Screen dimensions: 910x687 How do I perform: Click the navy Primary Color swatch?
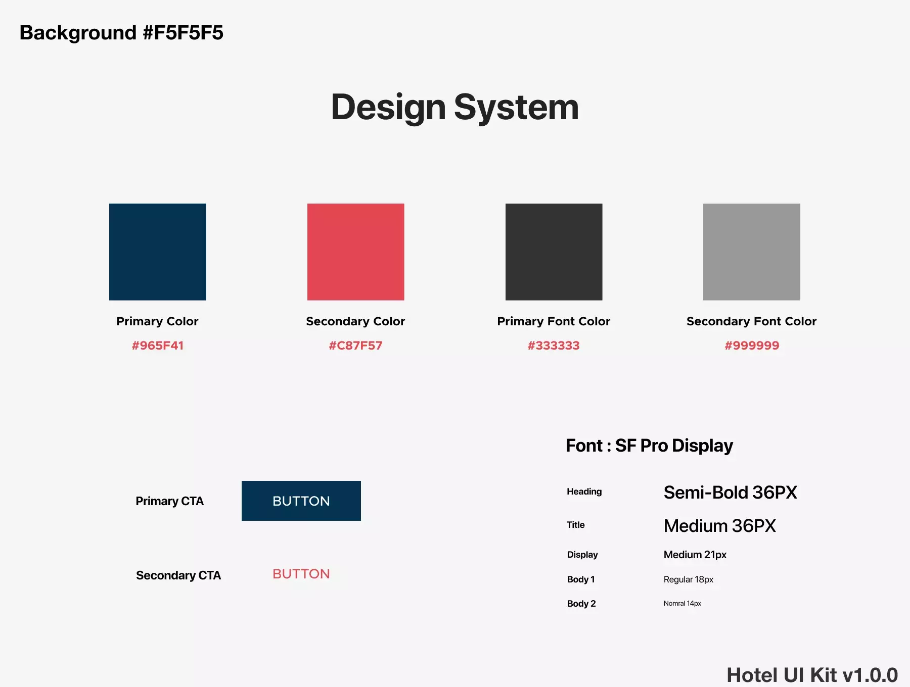click(x=158, y=252)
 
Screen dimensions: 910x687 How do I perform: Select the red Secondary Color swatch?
click(x=356, y=252)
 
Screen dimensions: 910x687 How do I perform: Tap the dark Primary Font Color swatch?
click(x=554, y=252)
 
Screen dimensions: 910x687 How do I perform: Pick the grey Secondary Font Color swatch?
click(x=752, y=252)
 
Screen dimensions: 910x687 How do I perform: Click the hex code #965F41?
click(x=158, y=346)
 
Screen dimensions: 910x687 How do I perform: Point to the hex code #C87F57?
click(x=356, y=346)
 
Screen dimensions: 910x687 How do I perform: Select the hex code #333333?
click(x=554, y=346)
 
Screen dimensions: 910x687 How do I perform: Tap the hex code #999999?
click(x=752, y=346)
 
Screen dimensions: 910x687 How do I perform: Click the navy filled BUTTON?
click(x=301, y=501)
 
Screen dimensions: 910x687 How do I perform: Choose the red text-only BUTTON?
click(x=301, y=574)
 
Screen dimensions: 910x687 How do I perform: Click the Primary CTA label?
click(x=169, y=501)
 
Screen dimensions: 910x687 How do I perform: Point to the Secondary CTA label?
click(x=178, y=575)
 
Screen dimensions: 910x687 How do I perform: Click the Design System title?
click(x=455, y=108)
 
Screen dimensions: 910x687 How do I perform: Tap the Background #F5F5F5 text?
click(x=121, y=33)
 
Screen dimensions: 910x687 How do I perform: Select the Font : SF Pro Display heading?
click(x=650, y=446)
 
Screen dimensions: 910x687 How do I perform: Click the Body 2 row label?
click(x=581, y=604)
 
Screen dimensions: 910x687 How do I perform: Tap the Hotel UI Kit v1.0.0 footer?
click(x=812, y=675)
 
